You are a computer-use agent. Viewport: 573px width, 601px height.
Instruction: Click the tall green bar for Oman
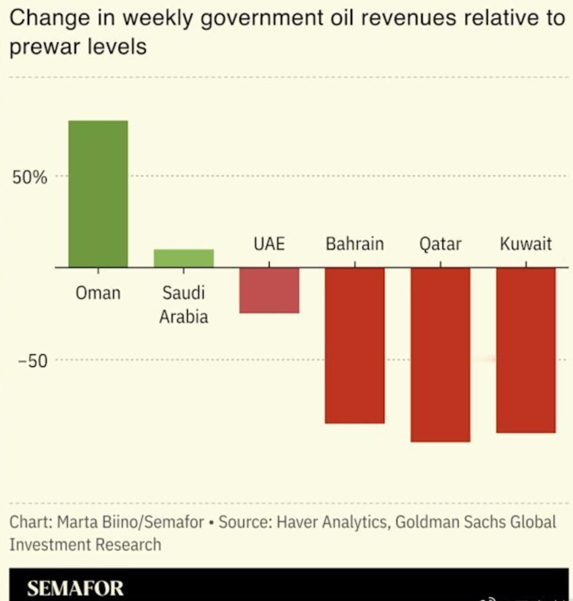(x=98, y=194)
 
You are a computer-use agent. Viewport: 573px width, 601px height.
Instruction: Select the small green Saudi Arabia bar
(x=184, y=258)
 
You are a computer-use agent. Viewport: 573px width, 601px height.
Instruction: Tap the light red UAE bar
(x=269, y=290)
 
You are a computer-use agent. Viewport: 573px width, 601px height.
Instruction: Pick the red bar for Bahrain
(x=355, y=345)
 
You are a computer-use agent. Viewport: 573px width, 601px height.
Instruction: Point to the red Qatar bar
(x=440, y=354)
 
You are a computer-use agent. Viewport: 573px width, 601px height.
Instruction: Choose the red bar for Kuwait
(x=526, y=350)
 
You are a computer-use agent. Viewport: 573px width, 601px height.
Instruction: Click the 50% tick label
(x=30, y=177)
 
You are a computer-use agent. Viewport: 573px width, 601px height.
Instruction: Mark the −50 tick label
(x=33, y=361)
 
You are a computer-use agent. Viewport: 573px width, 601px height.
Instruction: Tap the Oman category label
(x=98, y=293)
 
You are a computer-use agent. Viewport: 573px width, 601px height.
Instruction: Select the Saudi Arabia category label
(x=184, y=304)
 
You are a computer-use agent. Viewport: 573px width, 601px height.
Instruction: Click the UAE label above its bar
(x=269, y=244)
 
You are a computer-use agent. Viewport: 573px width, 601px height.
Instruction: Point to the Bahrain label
(x=355, y=244)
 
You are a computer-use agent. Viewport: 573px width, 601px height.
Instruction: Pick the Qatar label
(x=440, y=244)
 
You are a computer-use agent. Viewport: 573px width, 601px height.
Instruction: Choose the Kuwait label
(x=526, y=244)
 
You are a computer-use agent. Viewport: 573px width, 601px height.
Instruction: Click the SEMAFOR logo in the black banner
(x=75, y=588)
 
